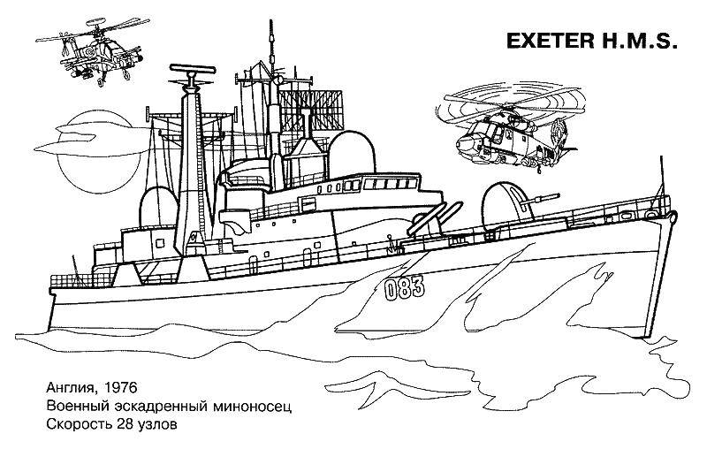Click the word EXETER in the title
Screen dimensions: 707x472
click(550, 41)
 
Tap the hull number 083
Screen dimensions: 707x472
click(405, 288)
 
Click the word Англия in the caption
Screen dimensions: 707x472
click(71, 389)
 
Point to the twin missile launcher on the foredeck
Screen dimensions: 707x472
click(434, 218)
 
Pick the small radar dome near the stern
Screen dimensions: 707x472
click(159, 206)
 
